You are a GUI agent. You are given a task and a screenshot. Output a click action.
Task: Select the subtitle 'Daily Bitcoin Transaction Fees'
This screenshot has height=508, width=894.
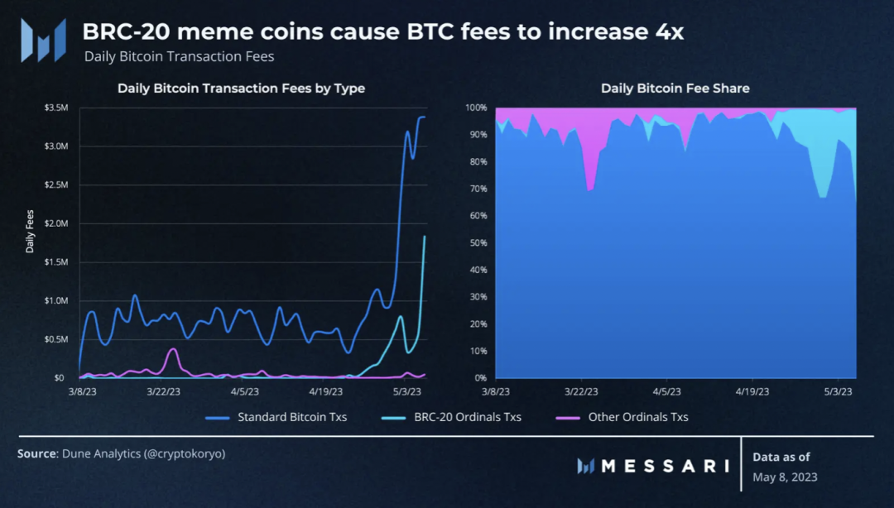pos(179,57)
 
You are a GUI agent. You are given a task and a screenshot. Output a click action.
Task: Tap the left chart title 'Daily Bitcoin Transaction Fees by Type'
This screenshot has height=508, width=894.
pos(241,89)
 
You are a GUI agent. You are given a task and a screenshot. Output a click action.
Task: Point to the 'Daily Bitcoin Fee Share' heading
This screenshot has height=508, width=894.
pos(675,89)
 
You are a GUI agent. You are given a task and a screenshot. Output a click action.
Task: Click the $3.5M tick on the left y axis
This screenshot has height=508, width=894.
pos(57,108)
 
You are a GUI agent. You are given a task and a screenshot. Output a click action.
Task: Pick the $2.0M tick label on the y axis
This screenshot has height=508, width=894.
pos(57,223)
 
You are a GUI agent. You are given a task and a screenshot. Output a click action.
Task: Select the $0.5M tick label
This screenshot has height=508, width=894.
pos(57,339)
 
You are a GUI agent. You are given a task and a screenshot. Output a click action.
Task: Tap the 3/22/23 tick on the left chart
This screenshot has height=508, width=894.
pos(163,392)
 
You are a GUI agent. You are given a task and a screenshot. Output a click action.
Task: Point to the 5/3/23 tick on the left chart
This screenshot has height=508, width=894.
pos(408,392)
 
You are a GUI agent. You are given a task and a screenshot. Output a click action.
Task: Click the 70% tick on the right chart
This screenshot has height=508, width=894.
pos(478,189)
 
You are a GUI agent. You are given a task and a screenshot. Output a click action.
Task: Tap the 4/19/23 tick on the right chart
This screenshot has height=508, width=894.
pos(750,392)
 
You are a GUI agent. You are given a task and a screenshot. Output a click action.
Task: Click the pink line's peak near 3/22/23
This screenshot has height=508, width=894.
pos(173,349)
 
